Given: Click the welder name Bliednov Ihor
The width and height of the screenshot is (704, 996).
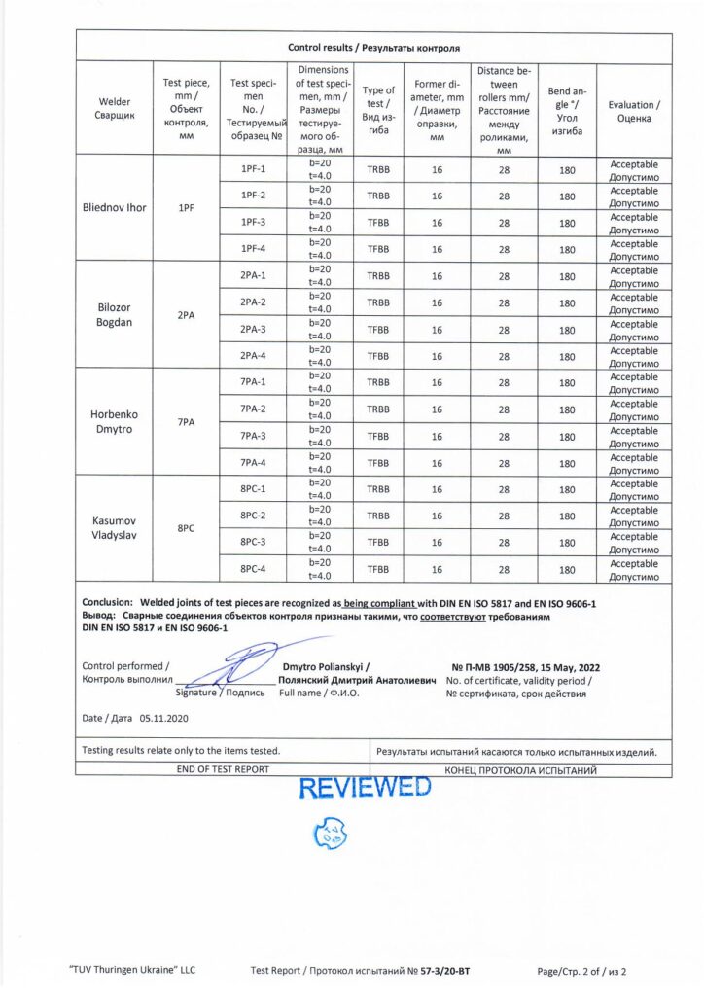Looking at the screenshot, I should click(115, 207).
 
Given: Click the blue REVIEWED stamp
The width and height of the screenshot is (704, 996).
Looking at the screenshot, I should click(365, 788).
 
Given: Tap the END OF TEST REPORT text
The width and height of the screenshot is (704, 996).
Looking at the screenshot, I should click(223, 769).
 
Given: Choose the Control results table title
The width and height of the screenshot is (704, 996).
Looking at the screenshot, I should click(374, 47).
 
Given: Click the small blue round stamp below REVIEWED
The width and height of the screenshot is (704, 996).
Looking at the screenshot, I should click(331, 833).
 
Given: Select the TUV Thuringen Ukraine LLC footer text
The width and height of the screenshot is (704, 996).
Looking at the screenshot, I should click(133, 971).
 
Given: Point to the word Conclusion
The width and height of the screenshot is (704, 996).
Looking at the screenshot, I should click(107, 603).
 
